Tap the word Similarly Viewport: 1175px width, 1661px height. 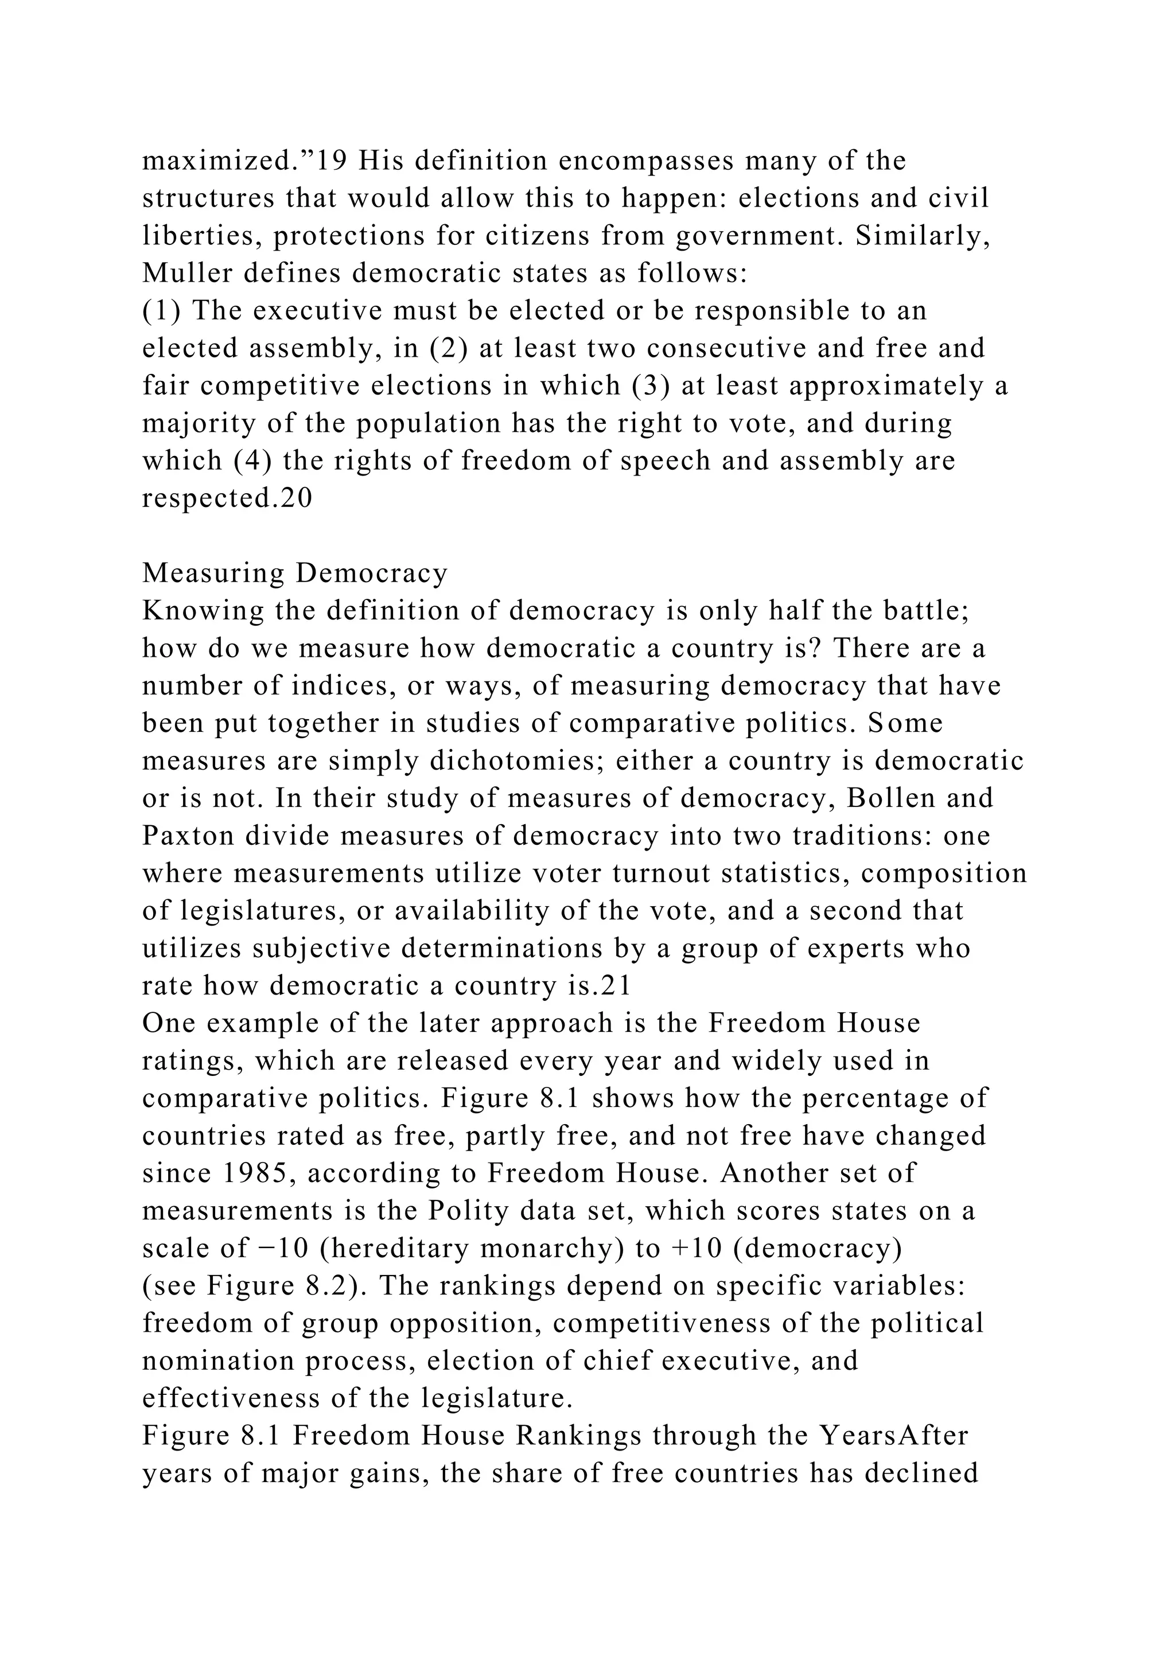(923, 236)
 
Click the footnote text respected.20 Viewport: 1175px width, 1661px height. (227, 498)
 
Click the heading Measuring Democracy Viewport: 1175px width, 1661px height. (295, 574)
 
